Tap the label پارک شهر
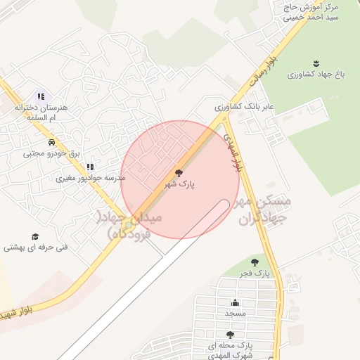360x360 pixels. (x=179, y=184)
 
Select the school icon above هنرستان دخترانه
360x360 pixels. (x=41, y=97)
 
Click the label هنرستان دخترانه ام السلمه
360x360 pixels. (x=41, y=112)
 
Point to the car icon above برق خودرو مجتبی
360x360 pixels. (x=51, y=142)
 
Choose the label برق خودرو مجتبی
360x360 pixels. (x=51, y=153)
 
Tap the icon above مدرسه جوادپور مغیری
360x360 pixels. (x=89, y=167)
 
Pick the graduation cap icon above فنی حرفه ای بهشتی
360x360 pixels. (x=34, y=237)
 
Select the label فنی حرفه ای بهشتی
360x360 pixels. (x=35, y=247)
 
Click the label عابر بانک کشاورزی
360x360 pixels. (x=243, y=107)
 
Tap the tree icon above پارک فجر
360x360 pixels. (x=255, y=262)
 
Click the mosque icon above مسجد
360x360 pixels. (x=236, y=303)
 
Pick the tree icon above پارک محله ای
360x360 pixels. (x=230, y=335)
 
